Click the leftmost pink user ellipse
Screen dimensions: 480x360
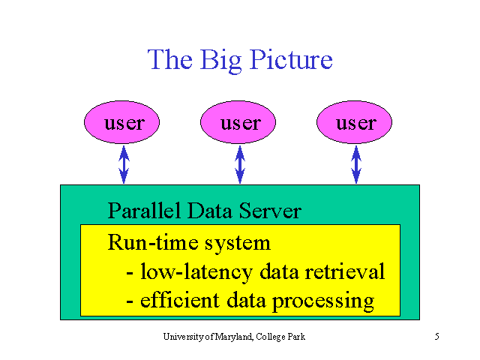tap(121, 122)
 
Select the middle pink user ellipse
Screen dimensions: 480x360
tap(238, 122)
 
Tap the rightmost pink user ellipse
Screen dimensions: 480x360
tap(354, 122)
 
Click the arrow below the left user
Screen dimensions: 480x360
tap(124, 164)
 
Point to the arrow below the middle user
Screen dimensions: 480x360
tap(240, 164)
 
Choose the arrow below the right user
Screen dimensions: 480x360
tap(356, 164)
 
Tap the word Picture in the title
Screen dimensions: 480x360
tap(291, 59)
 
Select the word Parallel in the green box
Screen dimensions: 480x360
tap(144, 210)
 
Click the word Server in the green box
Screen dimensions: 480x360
tap(270, 211)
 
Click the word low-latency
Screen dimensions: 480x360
tap(196, 271)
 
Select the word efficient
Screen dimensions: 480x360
tap(180, 300)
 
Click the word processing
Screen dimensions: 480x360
tap(323, 301)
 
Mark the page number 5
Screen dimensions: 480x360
tap(436, 337)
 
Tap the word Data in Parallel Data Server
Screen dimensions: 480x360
tap(209, 211)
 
